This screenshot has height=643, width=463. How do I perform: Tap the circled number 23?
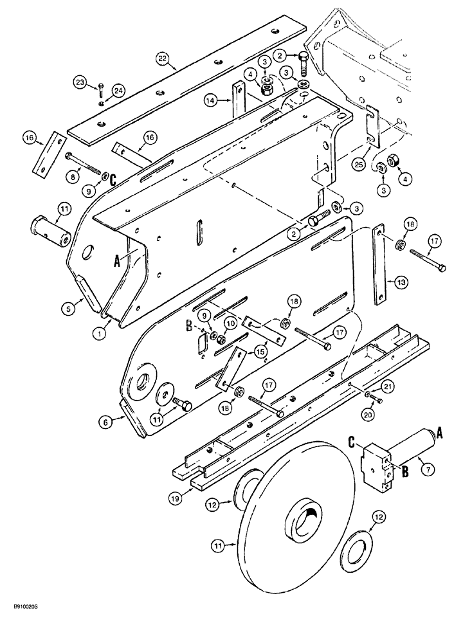pyautogui.click(x=80, y=82)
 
